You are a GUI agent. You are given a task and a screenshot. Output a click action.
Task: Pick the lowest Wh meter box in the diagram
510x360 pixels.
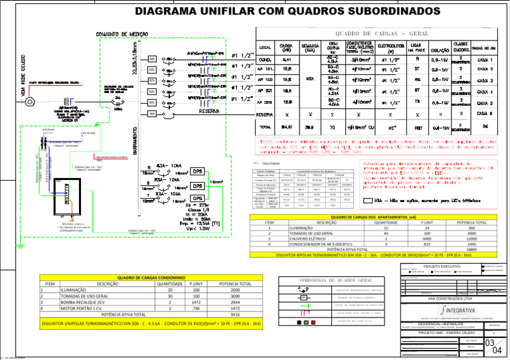point(153,114)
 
